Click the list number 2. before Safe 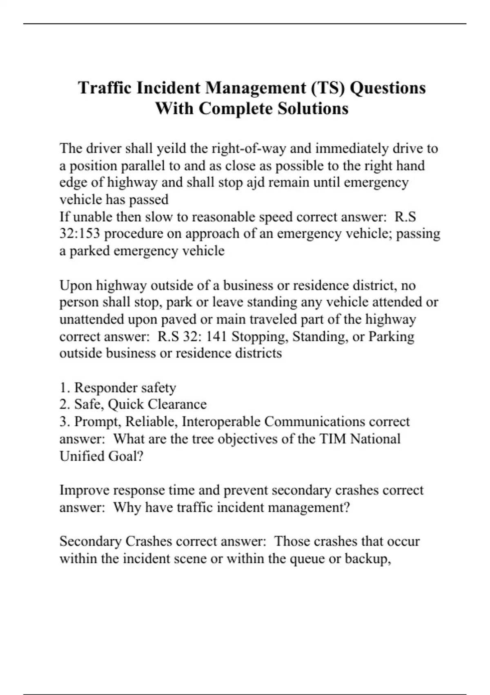[x=65, y=404]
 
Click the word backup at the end [x=368, y=558]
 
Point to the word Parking [x=391, y=336]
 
